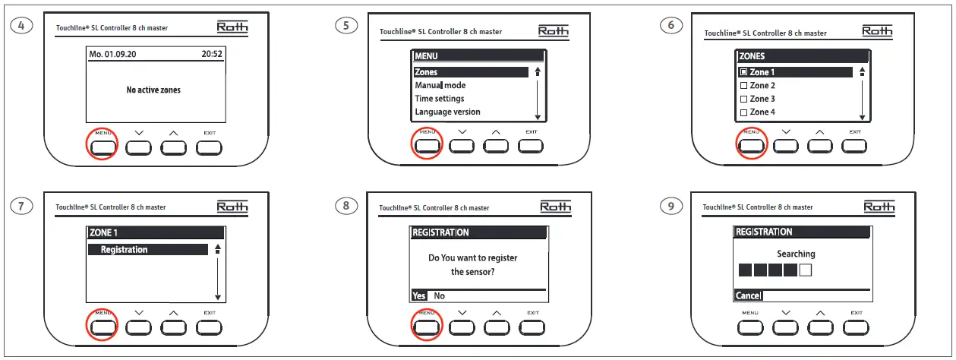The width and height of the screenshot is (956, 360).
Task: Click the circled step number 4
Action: [x=23, y=25]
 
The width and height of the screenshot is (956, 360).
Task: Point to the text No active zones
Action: [x=153, y=90]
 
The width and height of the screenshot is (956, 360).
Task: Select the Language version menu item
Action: [x=447, y=112]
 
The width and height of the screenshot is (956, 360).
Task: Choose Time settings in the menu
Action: [x=439, y=99]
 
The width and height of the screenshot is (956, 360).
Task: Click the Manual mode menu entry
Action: [x=440, y=86]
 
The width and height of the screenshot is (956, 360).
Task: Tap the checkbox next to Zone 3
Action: [x=744, y=99]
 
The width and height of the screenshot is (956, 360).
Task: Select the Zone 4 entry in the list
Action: [x=762, y=112]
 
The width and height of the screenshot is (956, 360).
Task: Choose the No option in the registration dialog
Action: [x=439, y=296]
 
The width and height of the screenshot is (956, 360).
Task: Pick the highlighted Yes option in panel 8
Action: [x=418, y=296]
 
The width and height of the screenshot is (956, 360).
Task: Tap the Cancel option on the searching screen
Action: [x=747, y=295]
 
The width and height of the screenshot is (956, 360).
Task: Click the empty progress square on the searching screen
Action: [x=806, y=270]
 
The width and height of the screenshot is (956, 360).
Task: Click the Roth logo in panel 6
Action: [x=876, y=30]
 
